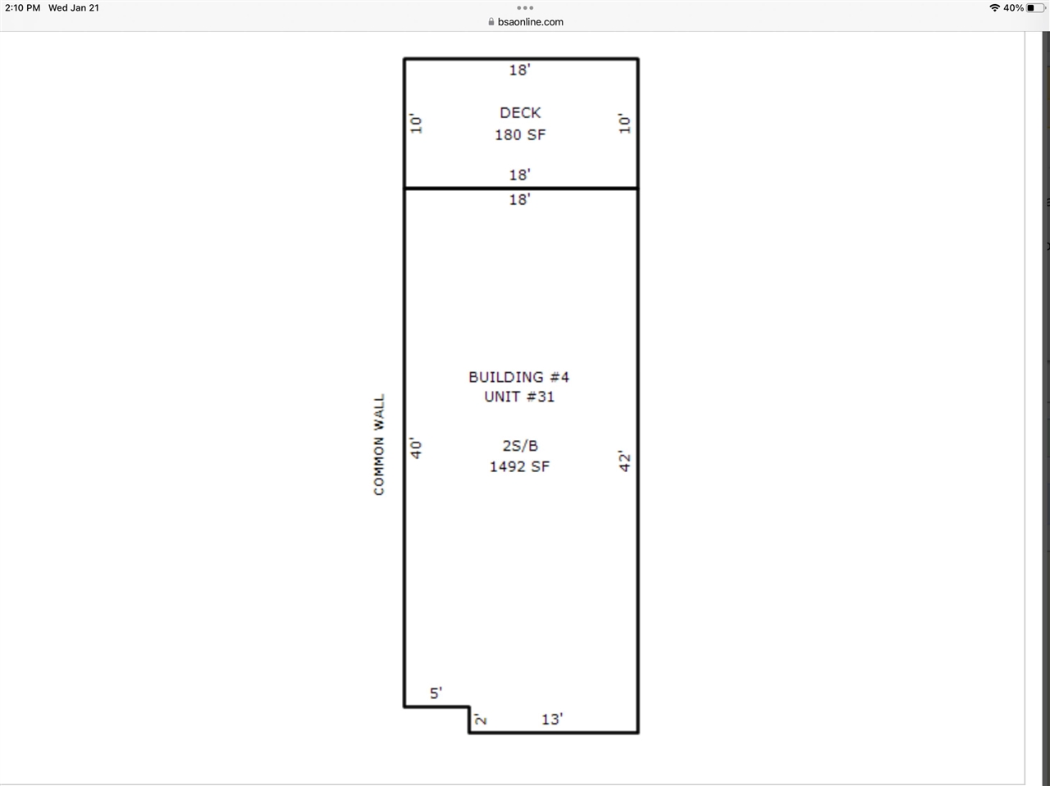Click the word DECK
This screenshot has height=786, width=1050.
point(520,113)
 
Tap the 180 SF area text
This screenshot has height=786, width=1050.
point(520,134)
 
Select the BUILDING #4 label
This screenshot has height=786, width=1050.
point(518,377)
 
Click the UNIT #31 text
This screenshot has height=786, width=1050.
point(519,397)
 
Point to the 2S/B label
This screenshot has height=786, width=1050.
point(520,446)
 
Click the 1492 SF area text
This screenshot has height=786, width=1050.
point(519,466)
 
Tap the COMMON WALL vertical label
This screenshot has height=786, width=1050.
point(379,445)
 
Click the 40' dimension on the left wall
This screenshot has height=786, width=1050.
point(417,448)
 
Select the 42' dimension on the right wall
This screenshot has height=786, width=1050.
point(625,461)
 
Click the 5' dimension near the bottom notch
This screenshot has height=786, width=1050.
point(436,693)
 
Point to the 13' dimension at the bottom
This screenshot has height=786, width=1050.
point(552,720)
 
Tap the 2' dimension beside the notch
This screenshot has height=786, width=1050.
point(481,720)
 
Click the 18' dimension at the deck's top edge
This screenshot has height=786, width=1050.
point(519,70)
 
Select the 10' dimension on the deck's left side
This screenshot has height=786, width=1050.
point(417,124)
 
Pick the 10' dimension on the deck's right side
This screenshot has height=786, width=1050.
point(625,124)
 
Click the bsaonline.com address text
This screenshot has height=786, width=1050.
point(530,22)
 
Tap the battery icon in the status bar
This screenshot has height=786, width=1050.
point(1035,8)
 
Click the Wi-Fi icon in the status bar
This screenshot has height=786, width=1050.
point(994,8)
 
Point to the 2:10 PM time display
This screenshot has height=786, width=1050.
point(22,8)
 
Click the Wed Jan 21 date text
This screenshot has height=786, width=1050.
point(74,8)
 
